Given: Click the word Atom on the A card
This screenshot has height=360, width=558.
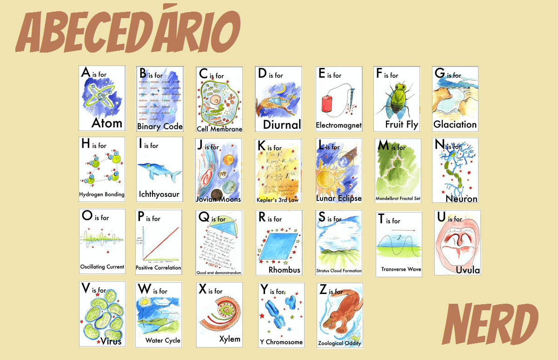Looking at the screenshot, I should (106, 123).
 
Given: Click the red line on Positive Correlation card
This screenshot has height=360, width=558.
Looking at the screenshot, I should (161, 243).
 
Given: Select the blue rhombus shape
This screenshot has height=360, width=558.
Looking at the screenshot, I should (278, 247).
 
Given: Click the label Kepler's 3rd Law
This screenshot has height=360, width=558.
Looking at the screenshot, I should (278, 200).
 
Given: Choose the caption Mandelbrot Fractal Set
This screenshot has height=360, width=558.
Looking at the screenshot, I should (398, 199).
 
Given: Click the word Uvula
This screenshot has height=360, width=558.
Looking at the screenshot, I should (467, 270).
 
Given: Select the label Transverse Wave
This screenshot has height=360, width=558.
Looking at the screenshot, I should (401, 269).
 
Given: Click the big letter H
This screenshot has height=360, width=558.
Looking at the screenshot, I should (86, 144).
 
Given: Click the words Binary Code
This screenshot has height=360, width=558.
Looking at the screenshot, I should (159, 127).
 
